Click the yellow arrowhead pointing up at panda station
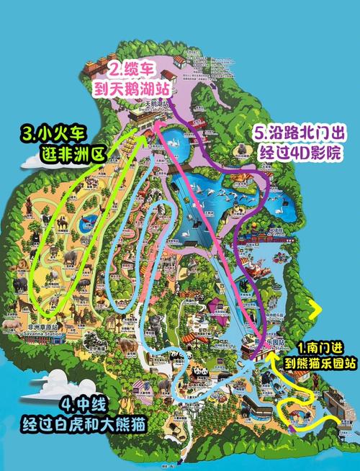pyautogui.click(x=270, y=353)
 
